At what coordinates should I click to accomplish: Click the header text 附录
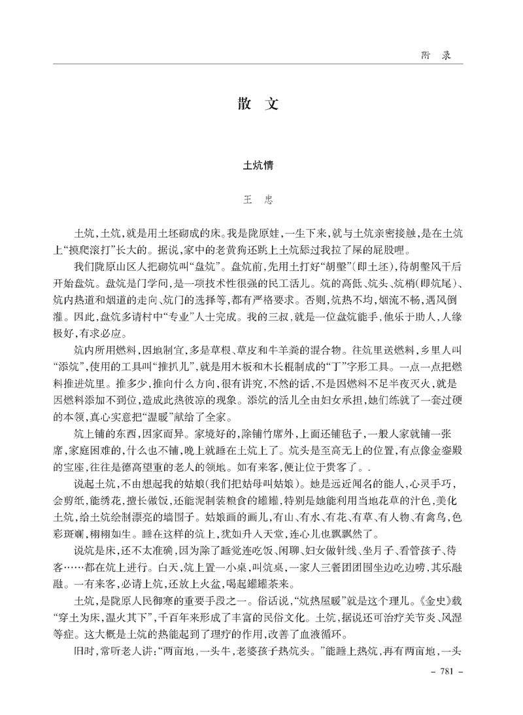pyautogui.click(x=436, y=56)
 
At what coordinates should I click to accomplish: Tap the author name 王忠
pyautogui.click(x=261, y=201)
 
